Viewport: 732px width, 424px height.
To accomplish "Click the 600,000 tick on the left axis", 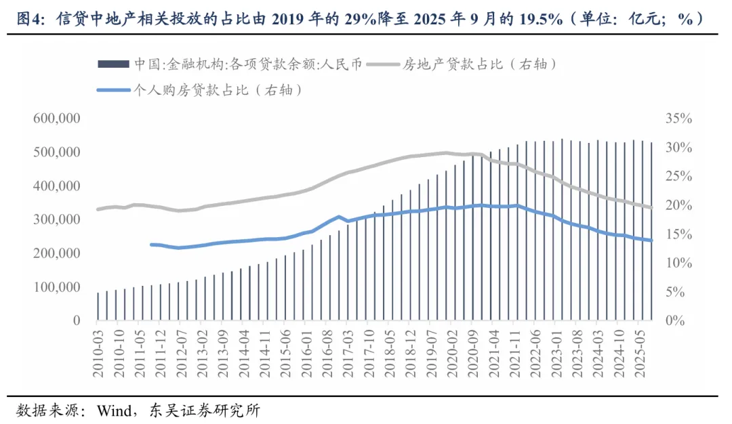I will pos(56,119).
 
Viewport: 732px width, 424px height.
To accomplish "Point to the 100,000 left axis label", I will pos(56,287).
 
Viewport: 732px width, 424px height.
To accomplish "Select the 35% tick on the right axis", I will pos(678,119).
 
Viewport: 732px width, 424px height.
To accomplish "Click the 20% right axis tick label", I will pos(678,205).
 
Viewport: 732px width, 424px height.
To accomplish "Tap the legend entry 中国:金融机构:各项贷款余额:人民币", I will pos(248,64).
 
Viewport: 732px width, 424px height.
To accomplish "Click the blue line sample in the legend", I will pos(114,89).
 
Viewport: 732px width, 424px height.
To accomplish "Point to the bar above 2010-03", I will pos(98,306).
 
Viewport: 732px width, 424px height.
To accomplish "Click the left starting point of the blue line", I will pos(151,245).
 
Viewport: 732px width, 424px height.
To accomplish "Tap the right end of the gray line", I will pos(652,208).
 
